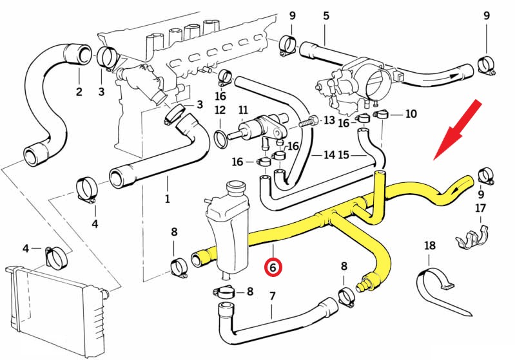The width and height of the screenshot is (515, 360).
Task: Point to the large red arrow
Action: (458, 128)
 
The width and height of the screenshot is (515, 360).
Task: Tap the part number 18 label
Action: (431, 245)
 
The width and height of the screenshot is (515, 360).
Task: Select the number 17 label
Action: (481, 208)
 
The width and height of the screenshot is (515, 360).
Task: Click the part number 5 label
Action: (326, 15)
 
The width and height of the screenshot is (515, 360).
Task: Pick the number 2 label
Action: (79, 91)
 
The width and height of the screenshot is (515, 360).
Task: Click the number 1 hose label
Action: (167, 199)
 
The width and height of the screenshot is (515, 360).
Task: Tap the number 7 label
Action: (272, 296)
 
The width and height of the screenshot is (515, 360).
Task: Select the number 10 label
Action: (411, 114)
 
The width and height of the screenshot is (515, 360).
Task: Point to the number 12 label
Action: (220, 110)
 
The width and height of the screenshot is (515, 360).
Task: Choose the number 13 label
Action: (329, 120)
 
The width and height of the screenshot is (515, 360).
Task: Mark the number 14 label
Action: (329, 155)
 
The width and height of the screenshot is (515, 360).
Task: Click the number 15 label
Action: (344, 155)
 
